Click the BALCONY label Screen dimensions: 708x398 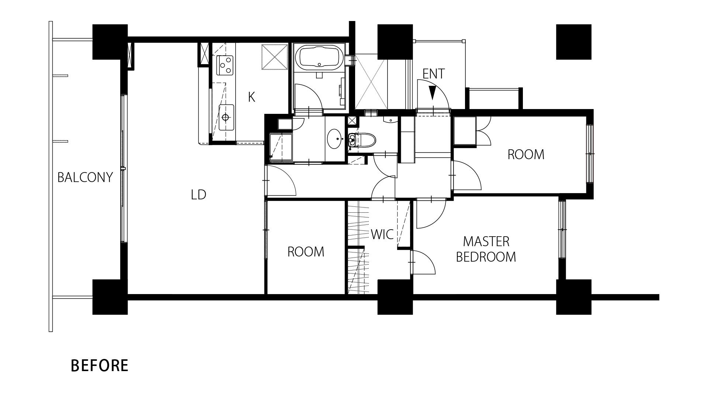(85, 178)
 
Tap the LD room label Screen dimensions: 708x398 (198, 195)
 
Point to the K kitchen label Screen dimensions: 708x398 (251, 97)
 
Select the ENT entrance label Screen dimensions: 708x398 (434, 74)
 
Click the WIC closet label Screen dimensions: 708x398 (382, 234)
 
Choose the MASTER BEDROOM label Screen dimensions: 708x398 (486, 249)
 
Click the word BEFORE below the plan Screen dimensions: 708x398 (100, 366)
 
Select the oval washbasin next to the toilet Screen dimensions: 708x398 (334, 139)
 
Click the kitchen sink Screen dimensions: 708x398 (226, 117)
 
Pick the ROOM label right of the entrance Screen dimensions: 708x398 (526, 155)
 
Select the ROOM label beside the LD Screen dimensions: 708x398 (306, 252)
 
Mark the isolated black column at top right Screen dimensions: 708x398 (574, 42)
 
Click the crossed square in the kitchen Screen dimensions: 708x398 (275, 57)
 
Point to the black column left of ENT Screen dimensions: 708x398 (395, 42)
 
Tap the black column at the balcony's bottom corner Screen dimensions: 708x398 (110, 297)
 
